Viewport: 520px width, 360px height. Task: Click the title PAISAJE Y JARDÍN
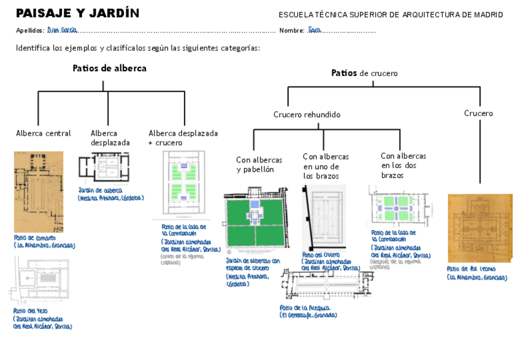[x=77, y=13]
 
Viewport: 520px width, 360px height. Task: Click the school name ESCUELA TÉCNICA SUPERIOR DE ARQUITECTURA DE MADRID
[x=391, y=15]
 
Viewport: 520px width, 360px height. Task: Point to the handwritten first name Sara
[x=315, y=29]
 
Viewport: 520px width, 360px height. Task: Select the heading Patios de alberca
[x=109, y=68]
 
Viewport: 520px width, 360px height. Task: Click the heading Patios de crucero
[x=364, y=73]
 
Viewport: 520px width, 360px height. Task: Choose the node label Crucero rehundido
[x=307, y=115]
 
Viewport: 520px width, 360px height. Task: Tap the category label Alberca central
[x=44, y=133]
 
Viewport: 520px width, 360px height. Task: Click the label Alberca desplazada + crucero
[x=183, y=137]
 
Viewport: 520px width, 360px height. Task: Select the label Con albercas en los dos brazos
[x=403, y=166]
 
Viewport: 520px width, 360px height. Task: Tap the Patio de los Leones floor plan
[x=480, y=228]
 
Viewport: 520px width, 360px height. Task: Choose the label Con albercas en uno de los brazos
[x=326, y=166]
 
